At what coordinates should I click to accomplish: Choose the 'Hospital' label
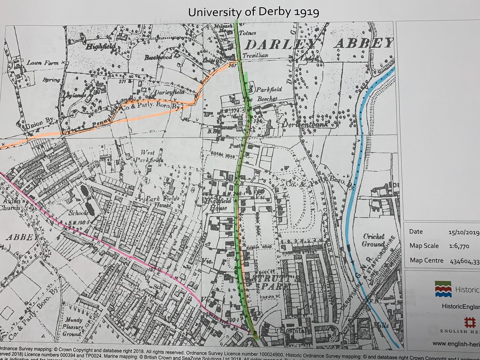click(x=295, y=331)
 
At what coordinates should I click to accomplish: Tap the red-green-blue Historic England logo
click(x=443, y=288)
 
